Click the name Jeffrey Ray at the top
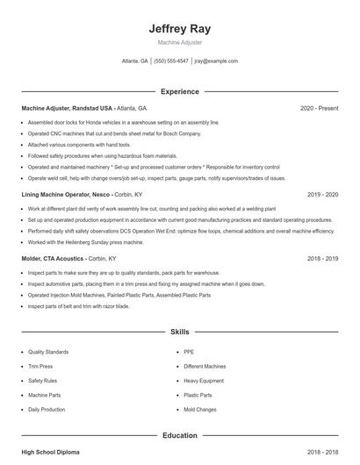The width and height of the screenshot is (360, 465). coord(180,28)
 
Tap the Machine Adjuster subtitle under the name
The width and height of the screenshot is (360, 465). coord(180,42)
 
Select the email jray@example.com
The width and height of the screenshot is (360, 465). coord(217,61)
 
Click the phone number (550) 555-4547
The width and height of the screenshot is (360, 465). coord(171,61)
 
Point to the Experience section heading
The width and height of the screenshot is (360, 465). coord(180,91)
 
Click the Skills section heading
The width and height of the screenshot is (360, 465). coord(180,333)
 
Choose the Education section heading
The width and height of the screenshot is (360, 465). coord(180,435)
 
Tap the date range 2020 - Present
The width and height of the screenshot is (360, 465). coord(319,108)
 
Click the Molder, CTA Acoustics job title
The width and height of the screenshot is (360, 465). coord(54,259)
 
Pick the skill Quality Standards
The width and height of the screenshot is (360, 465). coord(47,352)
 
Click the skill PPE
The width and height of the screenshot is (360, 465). coord(190,352)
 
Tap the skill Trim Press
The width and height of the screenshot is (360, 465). coord(40,367)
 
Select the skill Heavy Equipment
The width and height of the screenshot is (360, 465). coord(205,381)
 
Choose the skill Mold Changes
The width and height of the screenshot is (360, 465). coord(200,410)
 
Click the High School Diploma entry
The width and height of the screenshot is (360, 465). coord(50,452)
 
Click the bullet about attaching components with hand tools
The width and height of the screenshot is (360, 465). coord(78,144)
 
